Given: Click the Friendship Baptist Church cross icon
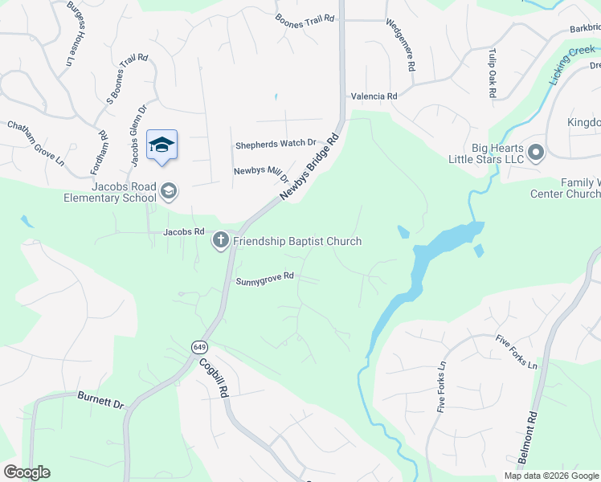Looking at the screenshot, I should (220, 240).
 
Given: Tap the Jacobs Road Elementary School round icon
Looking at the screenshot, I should (169, 191).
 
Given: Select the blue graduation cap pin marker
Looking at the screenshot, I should (161, 145).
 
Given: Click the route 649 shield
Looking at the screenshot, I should (199, 347).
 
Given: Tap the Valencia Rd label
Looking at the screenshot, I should (374, 96).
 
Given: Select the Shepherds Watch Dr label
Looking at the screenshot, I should (276, 145).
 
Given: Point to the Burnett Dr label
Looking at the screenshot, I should (100, 399).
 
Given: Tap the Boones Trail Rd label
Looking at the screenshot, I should (305, 20).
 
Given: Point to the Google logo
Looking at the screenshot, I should (27, 472).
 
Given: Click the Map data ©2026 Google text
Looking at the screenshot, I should (550, 476).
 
